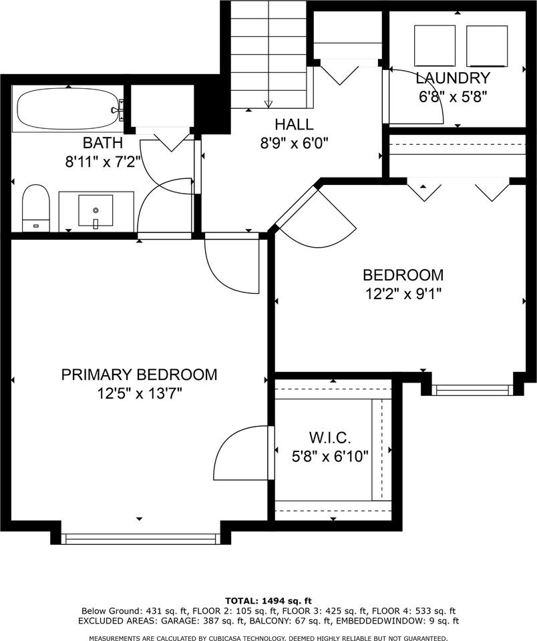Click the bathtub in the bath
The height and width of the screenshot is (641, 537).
[69, 109]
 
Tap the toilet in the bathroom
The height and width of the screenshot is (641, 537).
[36, 208]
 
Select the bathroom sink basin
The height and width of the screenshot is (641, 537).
[96, 210]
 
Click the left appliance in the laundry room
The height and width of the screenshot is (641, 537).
[435, 45]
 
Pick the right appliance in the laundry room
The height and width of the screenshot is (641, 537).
[487, 46]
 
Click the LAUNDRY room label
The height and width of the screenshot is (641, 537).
[453, 77]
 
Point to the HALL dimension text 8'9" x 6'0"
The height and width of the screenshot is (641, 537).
[295, 143]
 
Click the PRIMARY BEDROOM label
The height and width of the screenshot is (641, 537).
[139, 375]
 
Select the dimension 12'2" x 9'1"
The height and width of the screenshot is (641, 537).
[403, 294]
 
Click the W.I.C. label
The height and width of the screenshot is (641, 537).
[330, 438]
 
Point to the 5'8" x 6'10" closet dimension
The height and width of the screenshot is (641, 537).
[330, 456]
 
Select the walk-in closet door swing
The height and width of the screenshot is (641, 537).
[241, 453]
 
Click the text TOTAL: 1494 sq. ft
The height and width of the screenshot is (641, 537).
[268, 600]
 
